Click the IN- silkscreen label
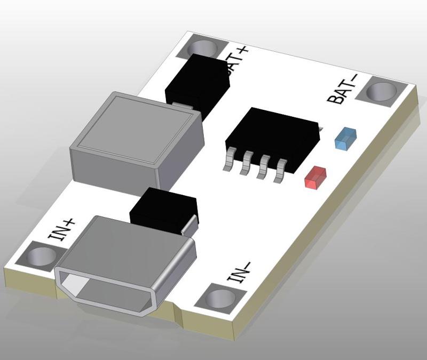[239, 272]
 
